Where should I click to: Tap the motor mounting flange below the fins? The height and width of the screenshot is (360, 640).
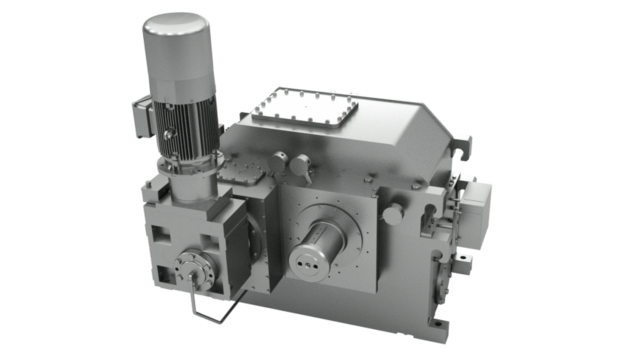(x=190, y=174)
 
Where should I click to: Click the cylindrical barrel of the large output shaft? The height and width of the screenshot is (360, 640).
(x=325, y=235)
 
